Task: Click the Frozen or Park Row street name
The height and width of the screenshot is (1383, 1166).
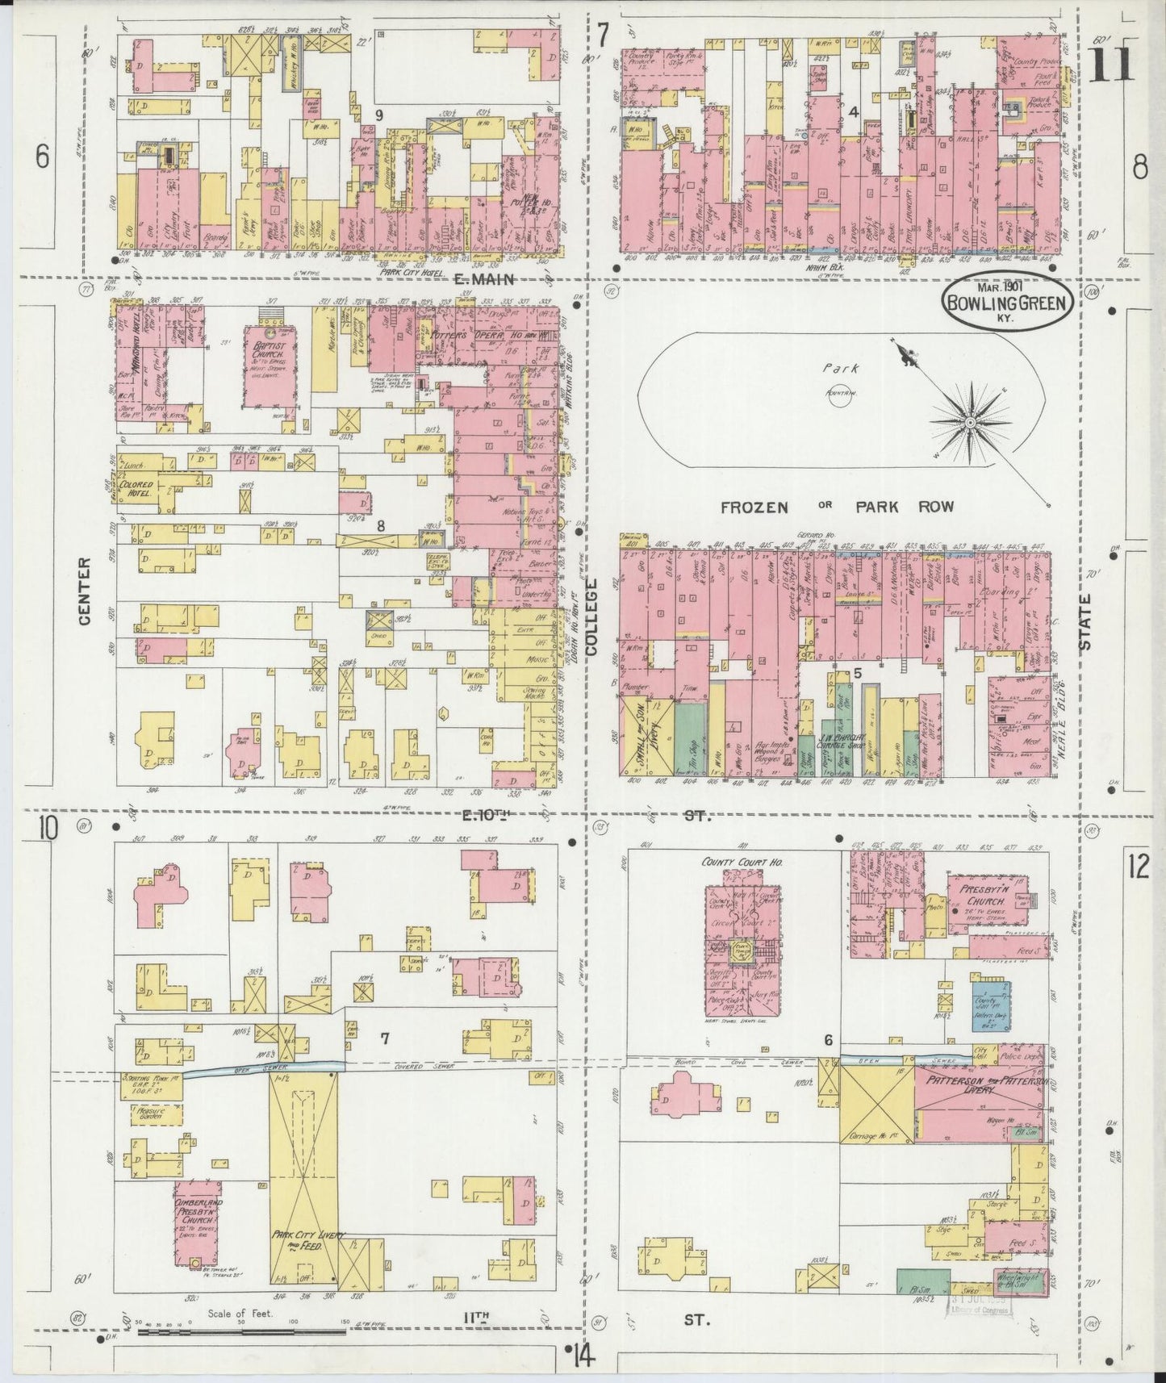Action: coord(836,507)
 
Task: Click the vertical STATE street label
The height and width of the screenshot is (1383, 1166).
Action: coord(1086,622)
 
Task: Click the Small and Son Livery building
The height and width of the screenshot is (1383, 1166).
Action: coord(647,735)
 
